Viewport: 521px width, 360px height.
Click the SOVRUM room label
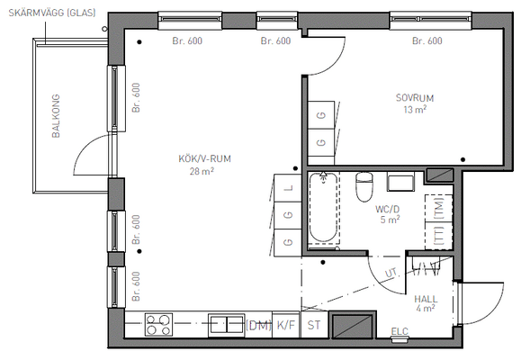pos(414,98)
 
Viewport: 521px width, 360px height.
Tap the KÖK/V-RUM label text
pos(204,158)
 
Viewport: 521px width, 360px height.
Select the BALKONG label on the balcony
pos(56,116)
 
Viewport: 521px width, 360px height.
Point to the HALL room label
pos(426,299)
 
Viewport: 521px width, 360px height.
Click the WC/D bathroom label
pos(388,209)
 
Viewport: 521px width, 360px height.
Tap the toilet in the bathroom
pos(364,187)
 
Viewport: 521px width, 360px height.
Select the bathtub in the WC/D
pos(323,208)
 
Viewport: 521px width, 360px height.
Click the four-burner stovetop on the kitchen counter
pos(158,324)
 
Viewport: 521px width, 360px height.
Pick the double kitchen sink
pos(226,325)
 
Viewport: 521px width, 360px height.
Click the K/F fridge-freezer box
pos(286,325)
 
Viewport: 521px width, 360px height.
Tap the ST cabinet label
pos(314,325)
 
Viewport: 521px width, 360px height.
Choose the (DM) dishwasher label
pos(258,325)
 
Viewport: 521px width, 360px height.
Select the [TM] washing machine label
pos(439,208)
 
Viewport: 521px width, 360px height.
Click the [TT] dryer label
pos(439,235)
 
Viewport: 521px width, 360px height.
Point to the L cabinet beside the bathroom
pos(288,188)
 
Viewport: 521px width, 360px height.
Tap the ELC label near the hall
pos(400,331)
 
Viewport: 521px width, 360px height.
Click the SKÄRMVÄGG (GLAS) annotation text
pos(52,13)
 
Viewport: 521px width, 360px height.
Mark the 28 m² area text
pos(202,171)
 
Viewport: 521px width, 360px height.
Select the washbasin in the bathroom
pos(400,182)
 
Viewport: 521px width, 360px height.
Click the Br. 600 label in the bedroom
pos(427,40)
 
